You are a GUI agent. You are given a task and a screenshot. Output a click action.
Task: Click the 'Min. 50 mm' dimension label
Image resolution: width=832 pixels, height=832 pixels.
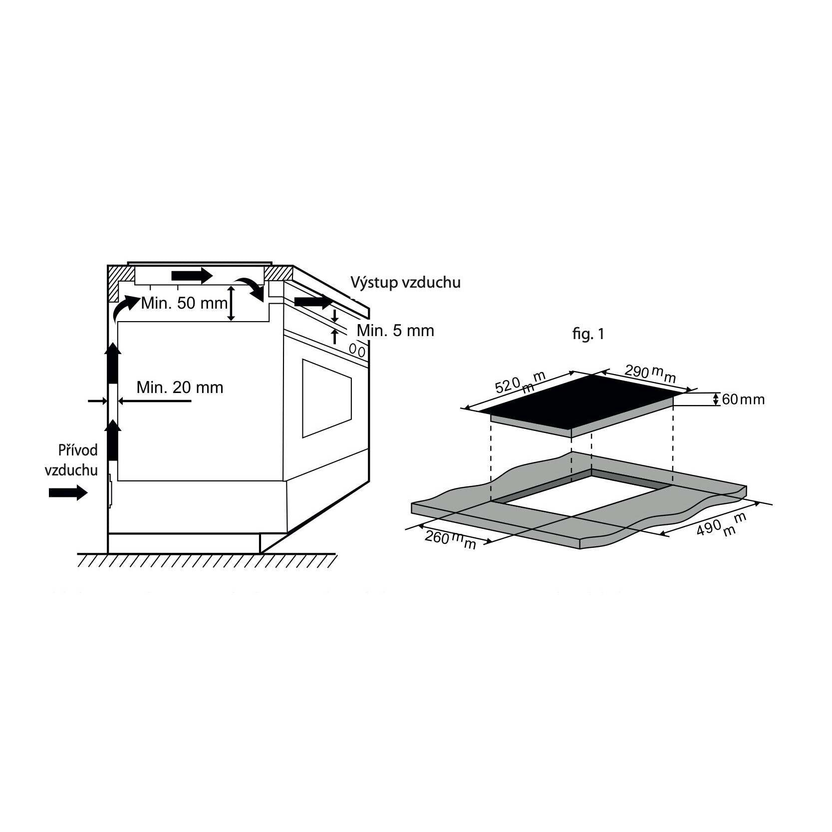click(x=184, y=303)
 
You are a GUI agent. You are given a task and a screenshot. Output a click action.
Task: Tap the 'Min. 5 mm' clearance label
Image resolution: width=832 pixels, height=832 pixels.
click(x=395, y=331)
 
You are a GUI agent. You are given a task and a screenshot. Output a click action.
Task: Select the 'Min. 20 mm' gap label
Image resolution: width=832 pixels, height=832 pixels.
click(x=180, y=388)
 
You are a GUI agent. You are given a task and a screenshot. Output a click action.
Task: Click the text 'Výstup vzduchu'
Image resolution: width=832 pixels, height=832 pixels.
click(x=405, y=283)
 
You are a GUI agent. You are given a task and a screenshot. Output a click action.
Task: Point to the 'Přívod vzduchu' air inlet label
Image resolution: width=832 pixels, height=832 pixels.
click(x=71, y=460)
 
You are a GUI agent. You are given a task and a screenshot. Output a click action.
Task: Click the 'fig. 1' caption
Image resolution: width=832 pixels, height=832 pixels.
click(x=588, y=334)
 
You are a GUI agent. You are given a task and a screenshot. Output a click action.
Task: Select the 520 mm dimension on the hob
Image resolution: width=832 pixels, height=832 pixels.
click(x=520, y=383)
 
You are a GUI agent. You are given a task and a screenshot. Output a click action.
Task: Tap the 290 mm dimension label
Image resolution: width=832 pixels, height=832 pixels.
click(x=650, y=373)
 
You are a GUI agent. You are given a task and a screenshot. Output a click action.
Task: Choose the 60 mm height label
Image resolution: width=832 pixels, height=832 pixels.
click(x=743, y=400)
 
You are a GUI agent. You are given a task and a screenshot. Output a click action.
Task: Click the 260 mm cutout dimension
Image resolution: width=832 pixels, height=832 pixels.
click(x=450, y=539)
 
